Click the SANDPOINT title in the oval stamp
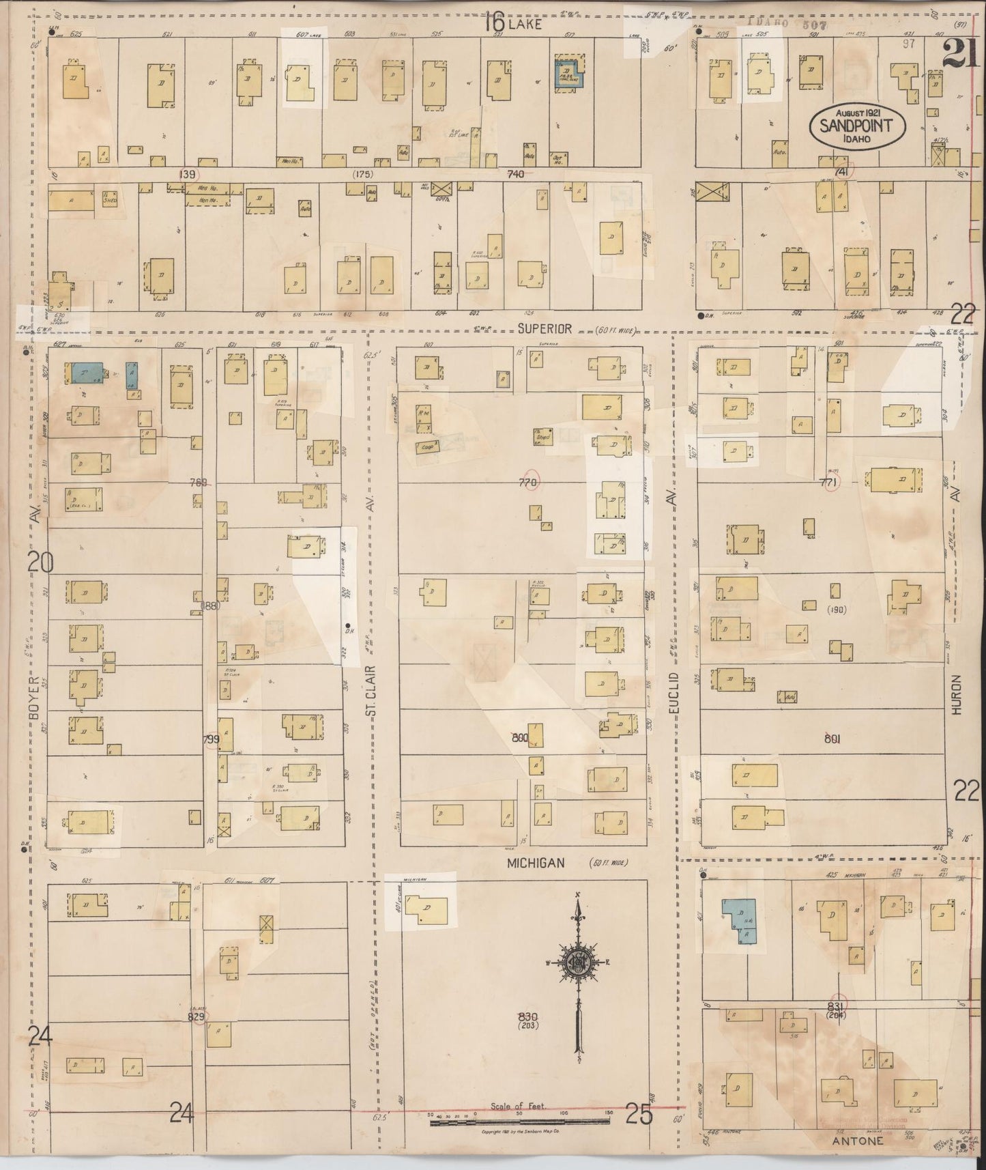[x=857, y=126]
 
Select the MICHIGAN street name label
[x=536, y=864]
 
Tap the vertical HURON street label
[x=957, y=695]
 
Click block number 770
[x=529, y=483]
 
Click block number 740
[x=515, y=174]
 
